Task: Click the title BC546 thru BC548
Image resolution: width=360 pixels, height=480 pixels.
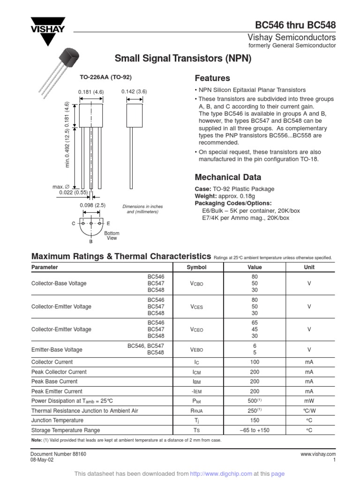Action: (x=295, y=25)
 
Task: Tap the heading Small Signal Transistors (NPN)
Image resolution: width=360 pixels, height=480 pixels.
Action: (x=183, y=59)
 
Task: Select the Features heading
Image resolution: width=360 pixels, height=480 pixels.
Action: (x=212, y=78)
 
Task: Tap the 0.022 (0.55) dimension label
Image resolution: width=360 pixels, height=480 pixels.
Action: (x=75, y=192)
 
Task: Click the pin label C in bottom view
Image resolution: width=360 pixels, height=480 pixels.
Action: (x=74, y=224)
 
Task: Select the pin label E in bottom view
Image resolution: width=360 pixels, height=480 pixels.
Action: (x=108, y=224)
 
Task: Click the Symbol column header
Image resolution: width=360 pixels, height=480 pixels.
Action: (x=196, y=267)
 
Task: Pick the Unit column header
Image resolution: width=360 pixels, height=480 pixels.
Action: (x=309, y=267)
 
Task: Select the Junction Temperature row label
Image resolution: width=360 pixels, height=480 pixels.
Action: (x=57, y=420)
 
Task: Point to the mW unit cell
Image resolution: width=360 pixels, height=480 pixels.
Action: (x=309, y=401)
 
